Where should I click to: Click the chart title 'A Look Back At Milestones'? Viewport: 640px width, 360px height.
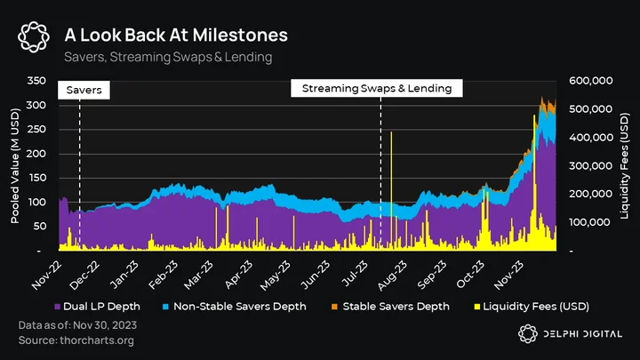[x=176, y=35]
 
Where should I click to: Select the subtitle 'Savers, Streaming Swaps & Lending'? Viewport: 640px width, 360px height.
[x=168, y=57]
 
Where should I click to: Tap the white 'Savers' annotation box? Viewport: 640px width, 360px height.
[x=84, y=90]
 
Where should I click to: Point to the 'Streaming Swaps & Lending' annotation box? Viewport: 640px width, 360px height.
[x=377, y=88]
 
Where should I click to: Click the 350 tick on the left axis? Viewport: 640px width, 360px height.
[x=36, y=80]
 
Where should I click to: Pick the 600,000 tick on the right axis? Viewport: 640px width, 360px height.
[x=590, y=80]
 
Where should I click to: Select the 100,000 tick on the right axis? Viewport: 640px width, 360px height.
[x=590, y=222]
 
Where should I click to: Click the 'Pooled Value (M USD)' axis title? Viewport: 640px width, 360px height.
[x=15, y=165]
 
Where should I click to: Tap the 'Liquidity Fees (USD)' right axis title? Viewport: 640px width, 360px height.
[x=624, y=166]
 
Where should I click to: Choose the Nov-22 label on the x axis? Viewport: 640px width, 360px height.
[x=47, y=276]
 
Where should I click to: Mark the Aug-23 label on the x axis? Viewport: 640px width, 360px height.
[x=392, y=276]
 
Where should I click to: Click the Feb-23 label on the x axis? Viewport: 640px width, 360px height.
[x=163, y=276]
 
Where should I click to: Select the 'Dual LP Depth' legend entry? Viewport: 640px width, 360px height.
[x=97, y=307]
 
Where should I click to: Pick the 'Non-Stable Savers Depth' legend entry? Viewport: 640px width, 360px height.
[x=235, y=307]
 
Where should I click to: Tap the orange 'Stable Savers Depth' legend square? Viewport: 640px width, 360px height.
[x=335, y=307]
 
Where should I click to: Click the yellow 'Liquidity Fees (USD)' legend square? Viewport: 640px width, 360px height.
[x=476, y=307]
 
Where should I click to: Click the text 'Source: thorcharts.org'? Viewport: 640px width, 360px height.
[x=76, y=340]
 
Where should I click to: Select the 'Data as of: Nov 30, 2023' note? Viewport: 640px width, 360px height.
[x=77, y=325]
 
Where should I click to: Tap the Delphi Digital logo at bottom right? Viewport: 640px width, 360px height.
[x=570, y=334]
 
